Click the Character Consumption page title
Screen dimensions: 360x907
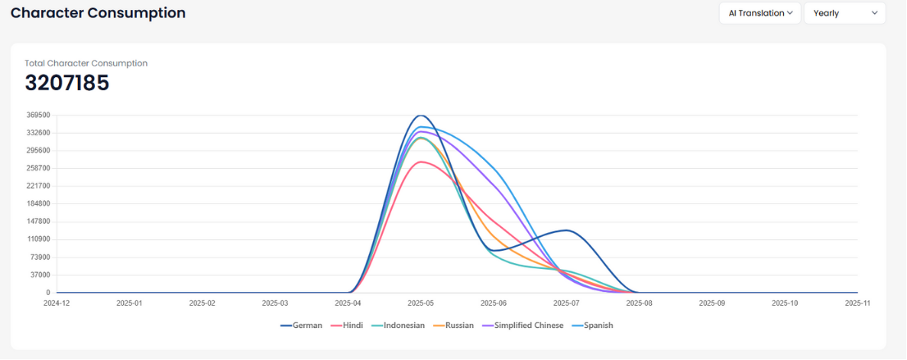98,13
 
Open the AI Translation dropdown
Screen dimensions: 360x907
760,13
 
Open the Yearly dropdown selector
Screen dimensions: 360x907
844,13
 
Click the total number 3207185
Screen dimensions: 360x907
67,83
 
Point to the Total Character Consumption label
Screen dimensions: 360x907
86,63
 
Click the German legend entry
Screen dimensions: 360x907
302,326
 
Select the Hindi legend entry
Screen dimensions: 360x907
347,326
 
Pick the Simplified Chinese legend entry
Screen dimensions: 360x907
523,326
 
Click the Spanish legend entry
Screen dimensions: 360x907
592,326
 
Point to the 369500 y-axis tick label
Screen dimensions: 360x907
38,115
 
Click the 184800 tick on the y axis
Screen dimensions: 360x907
38,204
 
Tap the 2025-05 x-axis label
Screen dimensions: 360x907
421,303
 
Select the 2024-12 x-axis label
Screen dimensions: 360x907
57,303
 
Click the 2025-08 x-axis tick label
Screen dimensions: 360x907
639,303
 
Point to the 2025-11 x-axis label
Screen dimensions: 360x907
857,303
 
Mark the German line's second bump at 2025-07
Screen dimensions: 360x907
566,230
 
